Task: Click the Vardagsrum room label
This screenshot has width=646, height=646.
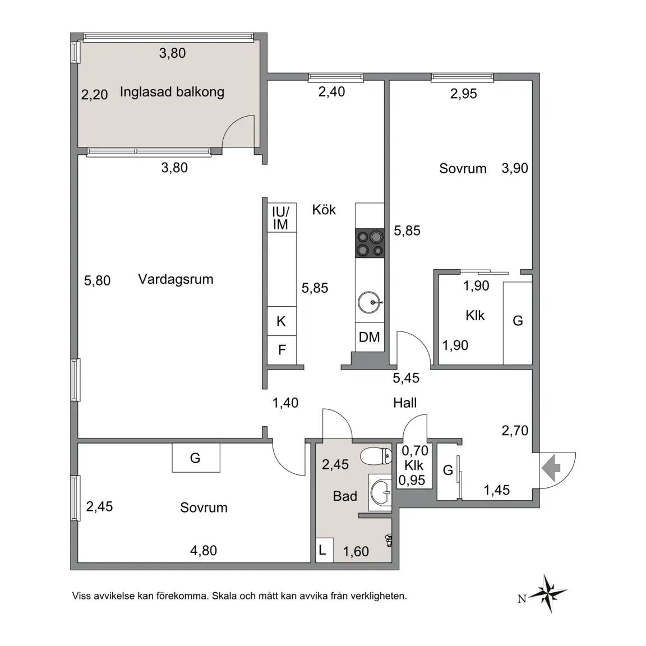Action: pos(176,279)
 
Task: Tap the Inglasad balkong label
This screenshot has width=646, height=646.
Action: pos(172,92)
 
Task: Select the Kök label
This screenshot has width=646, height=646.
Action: pos(324,210)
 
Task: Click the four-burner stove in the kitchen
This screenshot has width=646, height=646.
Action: pos(370,243)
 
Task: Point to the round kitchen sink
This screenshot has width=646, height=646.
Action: pos(370,302)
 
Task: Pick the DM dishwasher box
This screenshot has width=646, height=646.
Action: pos(370,338)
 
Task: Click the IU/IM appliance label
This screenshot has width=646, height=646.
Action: pos(280,218)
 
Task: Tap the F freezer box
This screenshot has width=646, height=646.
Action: pos(282,350)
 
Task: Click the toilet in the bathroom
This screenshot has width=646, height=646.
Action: pos(376,456)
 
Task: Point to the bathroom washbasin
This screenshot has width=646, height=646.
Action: pos(380,492)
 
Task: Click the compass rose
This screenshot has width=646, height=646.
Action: pos(548,593)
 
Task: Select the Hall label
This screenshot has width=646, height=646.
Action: pos(405,403)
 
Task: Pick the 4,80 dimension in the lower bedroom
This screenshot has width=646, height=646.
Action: pos(204,551)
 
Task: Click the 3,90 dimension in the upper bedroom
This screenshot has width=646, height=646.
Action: pos(515,168)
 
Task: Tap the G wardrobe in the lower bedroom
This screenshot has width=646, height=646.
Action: pos(196,458)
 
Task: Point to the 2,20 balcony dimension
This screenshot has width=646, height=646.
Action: pos(94,95)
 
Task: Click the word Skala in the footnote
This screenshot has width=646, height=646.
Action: pos(224,596)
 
